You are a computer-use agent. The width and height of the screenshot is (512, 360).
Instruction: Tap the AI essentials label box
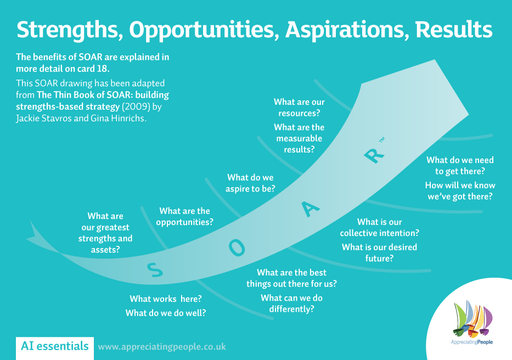pyautogui.click(x=54, y=346)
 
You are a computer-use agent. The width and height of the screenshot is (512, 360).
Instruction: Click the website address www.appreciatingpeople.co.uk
pyautogui.click(x=162, y=347)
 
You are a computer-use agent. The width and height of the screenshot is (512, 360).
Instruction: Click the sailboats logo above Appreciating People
pyautogui.click(x=473, y=318)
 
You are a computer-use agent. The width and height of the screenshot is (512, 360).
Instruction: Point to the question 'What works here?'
pyautogui.click(x=166, y=299)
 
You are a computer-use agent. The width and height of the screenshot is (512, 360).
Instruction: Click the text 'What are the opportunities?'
pyautogui.click(x=185, y=217)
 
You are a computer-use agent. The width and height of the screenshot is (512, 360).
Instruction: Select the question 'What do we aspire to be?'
pyautogui.click(x=251, y=183)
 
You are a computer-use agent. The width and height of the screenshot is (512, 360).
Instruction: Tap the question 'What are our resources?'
pyautogui.click(x=299, y=108)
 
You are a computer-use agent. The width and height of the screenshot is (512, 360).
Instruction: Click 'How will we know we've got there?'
pyautogui.click(x=460, y=190)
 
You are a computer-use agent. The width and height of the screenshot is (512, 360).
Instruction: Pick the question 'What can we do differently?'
pyautogui.click(x=291, y=303)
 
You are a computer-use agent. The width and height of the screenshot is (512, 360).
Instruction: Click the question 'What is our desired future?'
pyautogui.click(x=379, y=252)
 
